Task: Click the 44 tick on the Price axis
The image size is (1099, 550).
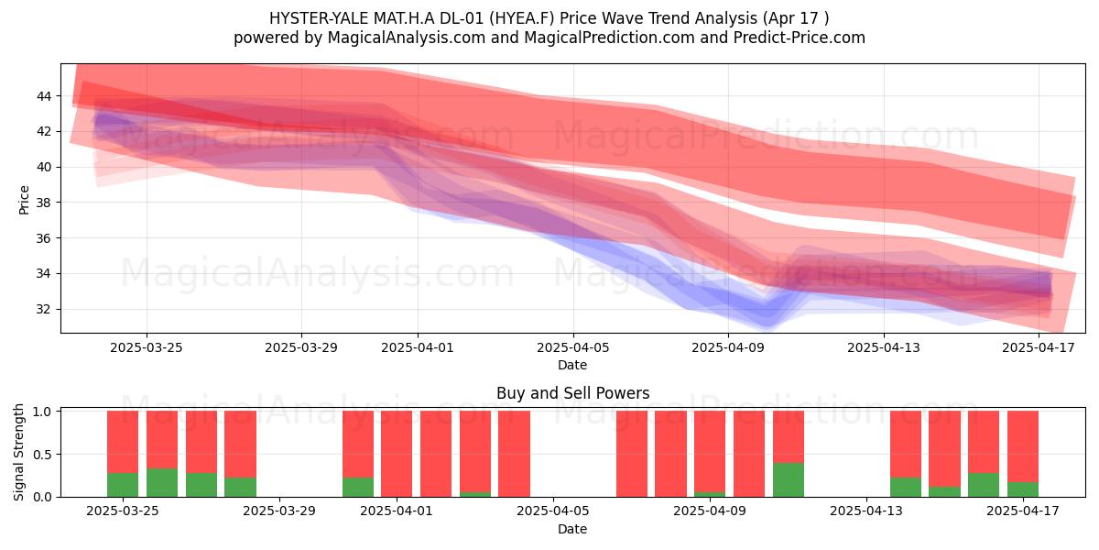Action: pos(44,96)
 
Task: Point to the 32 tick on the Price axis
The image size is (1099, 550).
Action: pos(44,310)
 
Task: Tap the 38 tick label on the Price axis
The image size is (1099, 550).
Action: pos(44,203)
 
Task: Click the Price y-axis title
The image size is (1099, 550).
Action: pos(24,200)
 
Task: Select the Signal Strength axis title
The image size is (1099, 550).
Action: pos(18,452)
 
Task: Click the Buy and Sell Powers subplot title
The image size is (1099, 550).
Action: pos(572,393)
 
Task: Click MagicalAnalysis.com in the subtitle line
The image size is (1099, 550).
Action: pos(407,38)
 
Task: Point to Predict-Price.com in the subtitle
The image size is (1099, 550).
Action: pos(800,38)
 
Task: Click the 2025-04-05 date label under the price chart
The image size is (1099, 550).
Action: pos(572,347)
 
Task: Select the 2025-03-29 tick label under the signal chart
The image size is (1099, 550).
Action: pos(279,511)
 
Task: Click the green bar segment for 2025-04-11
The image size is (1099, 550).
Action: pos(788,479)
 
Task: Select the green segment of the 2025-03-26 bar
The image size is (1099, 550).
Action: pos(162,483)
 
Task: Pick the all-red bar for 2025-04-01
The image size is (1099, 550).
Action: pos(397,454)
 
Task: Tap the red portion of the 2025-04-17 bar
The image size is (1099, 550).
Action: pos(1022,447)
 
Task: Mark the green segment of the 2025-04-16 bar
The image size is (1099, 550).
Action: pos(984,485)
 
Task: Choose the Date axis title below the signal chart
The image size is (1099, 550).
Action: pos(572,529)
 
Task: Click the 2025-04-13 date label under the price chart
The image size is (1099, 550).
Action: pos(883,347)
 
